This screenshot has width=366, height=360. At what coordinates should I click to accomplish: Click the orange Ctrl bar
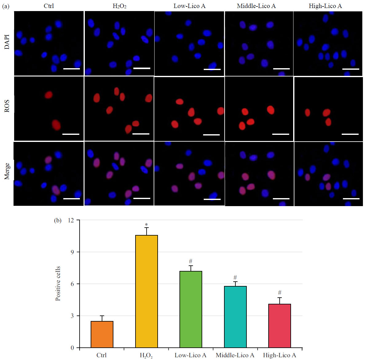coord(102,334)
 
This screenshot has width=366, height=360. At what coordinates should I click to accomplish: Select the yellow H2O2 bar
coord(147,292)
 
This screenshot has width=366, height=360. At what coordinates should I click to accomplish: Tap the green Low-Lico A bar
coord(191,309)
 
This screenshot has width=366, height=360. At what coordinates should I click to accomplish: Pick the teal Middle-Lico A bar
coord(235,317)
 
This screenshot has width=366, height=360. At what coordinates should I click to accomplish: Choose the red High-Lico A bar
coord(280,326)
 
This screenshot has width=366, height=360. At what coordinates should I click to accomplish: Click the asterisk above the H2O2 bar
coord(146,225)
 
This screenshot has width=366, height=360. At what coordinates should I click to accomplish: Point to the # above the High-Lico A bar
coord(280,292)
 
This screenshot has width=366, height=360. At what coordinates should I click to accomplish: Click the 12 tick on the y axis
coord(70,220)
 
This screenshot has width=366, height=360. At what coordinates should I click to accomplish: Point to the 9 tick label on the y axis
coord(72,252)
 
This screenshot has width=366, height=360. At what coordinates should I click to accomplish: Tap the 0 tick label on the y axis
coord(72,348)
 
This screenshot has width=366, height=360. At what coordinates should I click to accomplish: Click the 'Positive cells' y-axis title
coord(58,284)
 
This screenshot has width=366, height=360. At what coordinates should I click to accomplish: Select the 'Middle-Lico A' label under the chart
coord(235,355)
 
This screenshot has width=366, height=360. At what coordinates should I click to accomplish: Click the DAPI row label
coord(7,42)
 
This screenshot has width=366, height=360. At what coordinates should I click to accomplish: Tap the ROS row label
coord(7,106)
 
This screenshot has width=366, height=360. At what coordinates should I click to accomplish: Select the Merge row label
coord(7,171)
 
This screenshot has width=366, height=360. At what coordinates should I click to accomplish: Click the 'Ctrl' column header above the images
coord(49,6)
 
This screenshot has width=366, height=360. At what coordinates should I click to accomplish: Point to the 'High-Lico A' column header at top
coord(325,6)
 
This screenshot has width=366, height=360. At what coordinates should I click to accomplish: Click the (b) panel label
coord(58,221)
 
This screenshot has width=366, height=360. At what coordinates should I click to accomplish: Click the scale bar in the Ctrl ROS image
coord(71,134)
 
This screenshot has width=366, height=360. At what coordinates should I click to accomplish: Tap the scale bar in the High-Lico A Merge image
coord(351,199)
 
